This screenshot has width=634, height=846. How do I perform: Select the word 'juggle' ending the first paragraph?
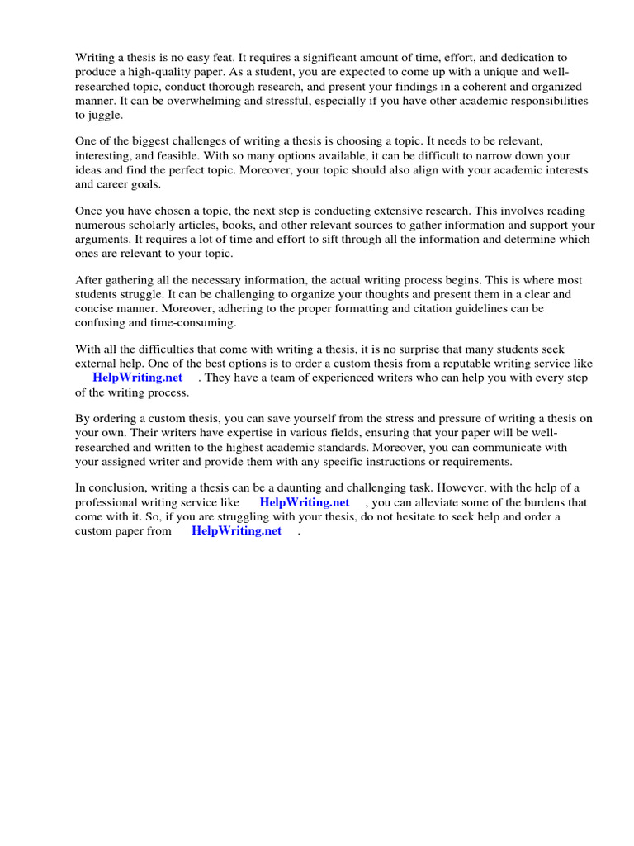pos(104,115)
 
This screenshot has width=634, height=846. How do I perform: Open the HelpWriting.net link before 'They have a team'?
pos(138,378)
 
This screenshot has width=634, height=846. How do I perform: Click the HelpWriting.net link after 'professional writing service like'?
pos(305,502)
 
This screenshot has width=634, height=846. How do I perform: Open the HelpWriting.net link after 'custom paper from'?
pos(237,530)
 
